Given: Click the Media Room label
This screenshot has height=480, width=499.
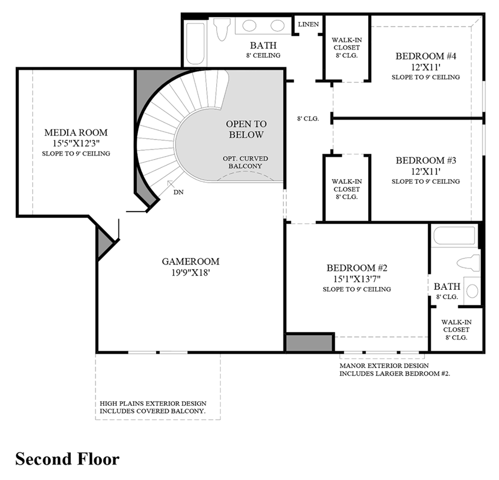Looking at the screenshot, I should pyautogui.click(x=76, y=133).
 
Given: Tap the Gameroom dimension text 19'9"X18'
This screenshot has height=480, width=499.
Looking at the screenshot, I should pyautogui.click(x=191, y=273).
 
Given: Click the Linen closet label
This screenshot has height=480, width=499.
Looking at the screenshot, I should pyautogui.click(x=308, y=25).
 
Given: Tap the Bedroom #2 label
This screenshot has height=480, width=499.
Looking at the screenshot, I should pyautogui.click(x=356, y=267).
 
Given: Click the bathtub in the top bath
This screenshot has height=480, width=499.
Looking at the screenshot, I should pyautogui.click(x=194, y=45).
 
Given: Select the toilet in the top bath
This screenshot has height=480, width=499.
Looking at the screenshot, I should pyautogui.click(x=223, y=29).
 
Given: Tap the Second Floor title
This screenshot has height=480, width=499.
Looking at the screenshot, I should pyautogui.click(x=67, y=459).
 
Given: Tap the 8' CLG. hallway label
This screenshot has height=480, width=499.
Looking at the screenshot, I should pyautogui.click(x=308, y=118).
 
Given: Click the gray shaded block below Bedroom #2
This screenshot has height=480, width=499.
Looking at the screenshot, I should pyautogui.click(x=309, y=343).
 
